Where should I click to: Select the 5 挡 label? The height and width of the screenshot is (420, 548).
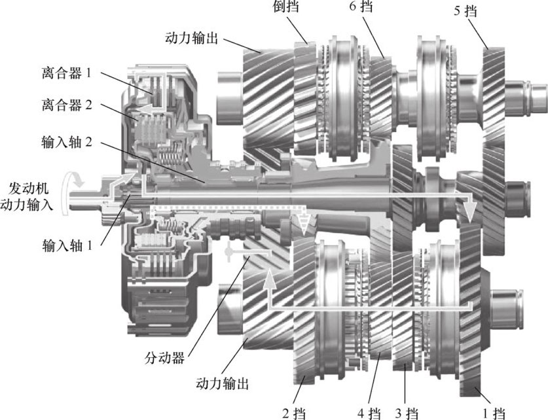(x=465, y=11)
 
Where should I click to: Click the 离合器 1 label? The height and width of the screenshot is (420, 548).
(x=66, y=73)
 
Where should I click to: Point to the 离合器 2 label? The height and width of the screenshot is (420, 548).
(x=67, y=105)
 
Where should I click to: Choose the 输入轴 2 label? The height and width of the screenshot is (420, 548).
(x=67, y=142)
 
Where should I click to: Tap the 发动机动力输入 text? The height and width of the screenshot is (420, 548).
(x=27, y=197)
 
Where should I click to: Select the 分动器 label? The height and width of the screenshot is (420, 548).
(x=164, y=358)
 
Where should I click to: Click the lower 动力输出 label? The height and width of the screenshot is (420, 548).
(x=222, y=383)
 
